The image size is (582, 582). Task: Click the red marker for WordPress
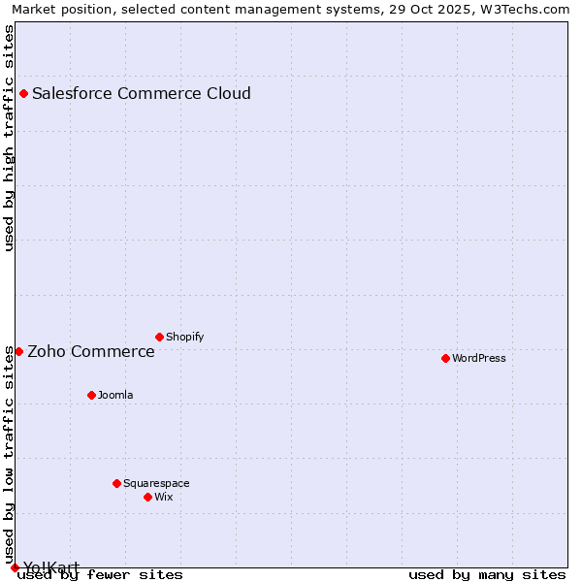coord(445,358)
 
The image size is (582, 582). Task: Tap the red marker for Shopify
coord(159,337)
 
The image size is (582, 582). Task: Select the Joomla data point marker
coord(91,395)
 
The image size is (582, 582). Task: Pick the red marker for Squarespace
coord(116,483)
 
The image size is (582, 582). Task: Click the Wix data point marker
coord(147,497)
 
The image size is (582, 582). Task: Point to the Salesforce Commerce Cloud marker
coord(23,93)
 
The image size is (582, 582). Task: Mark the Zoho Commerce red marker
coord(18,351)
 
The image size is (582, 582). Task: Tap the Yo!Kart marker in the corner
coord(15,567)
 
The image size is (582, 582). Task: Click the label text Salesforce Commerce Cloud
coord(142,94)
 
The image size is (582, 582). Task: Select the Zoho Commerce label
coord(91,352)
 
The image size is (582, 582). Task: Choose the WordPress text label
coord(479,359)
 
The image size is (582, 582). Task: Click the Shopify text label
coord(185,338)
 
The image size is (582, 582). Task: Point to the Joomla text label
coord(115,396)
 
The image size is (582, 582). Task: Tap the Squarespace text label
coord(156,484)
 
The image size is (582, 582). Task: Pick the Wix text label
coord(164,498)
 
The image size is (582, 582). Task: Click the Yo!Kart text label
coord(51,567)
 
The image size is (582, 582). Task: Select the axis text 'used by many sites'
coord(487,575)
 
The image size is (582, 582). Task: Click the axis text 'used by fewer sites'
coord(101,575)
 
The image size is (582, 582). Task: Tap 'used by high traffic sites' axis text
coord(10,138)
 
